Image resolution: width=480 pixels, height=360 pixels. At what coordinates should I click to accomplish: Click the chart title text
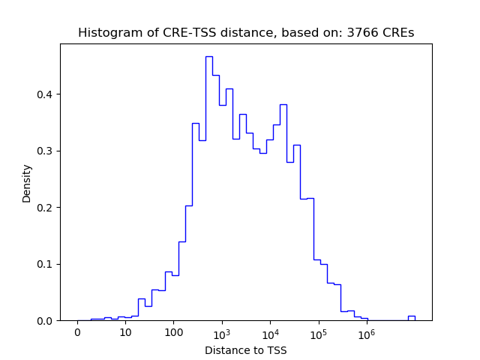click(246, 33)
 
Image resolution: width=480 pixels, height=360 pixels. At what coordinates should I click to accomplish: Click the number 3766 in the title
click(361, 33)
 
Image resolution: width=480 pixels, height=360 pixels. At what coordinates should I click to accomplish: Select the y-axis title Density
click(27, 183)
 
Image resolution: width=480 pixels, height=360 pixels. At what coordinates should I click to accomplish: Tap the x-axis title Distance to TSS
click(246, 350)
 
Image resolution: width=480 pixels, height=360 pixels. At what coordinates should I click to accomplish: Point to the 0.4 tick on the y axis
click(46, 94)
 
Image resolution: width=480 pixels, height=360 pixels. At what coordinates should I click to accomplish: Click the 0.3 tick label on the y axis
click(46, 151)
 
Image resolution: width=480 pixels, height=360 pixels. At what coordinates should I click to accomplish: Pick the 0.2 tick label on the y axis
click(46, 208)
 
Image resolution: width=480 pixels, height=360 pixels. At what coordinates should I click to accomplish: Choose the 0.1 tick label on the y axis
click(46, 264)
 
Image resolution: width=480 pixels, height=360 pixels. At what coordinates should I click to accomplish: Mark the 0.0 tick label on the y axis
click(46, 321)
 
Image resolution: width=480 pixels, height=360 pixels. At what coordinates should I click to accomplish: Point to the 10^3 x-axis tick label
click(222, 332)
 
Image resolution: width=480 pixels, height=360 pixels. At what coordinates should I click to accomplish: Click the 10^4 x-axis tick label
click(270, 332)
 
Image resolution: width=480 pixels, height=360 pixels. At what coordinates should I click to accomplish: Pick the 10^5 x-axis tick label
click(318, 332)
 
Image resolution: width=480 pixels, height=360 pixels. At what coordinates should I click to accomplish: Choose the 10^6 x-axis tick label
click(366, 332)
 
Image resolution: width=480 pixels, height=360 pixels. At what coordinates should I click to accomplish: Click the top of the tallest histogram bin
click(208, 57)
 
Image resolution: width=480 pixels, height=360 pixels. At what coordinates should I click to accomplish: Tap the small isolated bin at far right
click(411, 316)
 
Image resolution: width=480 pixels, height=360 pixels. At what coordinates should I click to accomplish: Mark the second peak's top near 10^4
click(283, 105)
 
